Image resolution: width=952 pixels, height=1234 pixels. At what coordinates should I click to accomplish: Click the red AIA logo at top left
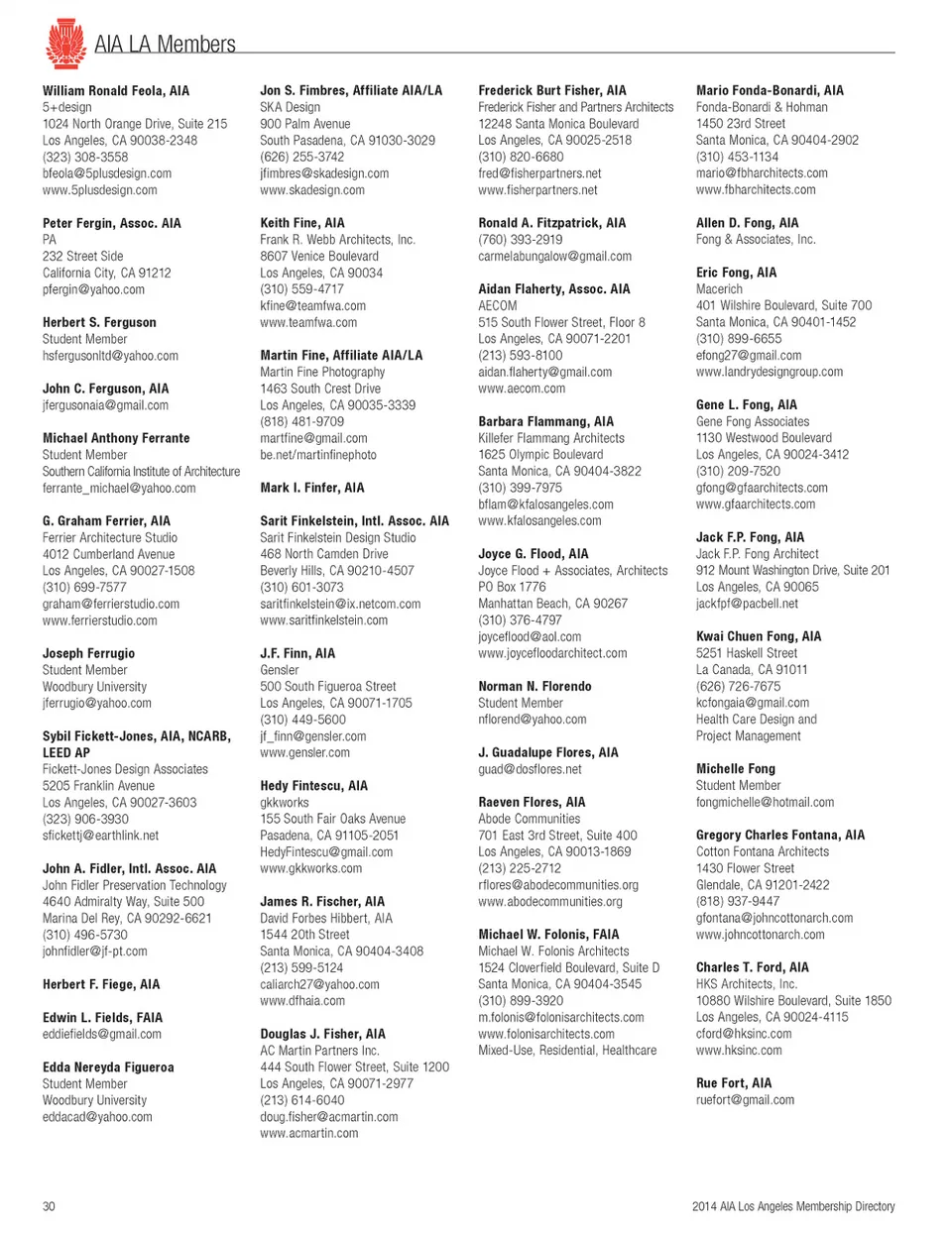point(65,43)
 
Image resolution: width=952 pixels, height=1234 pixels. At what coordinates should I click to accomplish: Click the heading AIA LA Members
point(165,45)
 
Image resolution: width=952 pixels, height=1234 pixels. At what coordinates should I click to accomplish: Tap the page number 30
point(49,1206)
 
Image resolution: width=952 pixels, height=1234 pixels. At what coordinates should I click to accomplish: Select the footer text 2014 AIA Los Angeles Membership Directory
point(792,1206)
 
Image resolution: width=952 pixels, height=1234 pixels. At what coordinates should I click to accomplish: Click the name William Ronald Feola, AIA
point(115,90)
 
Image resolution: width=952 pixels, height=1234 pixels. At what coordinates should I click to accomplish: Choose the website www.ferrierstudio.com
point(99,620)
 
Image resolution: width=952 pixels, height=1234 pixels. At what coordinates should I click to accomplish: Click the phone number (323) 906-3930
point(85,819)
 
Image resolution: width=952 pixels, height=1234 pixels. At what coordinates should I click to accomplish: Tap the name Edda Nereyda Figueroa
point(108,1067)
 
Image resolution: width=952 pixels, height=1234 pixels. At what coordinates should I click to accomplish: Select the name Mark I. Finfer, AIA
point(311,488)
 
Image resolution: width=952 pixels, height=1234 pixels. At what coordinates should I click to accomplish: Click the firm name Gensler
point(280,670)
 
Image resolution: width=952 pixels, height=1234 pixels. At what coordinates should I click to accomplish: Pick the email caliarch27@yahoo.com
point(319,984)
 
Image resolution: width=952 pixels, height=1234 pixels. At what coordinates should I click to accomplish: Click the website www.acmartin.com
point(309,1133)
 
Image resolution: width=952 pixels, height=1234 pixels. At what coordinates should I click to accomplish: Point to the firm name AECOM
point(497,306)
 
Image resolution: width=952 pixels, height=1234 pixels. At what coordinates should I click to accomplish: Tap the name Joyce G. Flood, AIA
point(533,554)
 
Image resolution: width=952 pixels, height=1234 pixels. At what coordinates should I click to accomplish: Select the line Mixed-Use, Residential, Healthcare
point(567,1051)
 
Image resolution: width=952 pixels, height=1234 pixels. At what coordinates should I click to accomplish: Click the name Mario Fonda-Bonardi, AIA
point(770,90)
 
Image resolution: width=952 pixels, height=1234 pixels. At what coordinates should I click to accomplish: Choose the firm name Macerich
point(719,289)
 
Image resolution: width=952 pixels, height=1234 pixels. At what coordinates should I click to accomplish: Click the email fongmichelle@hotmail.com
point(765,802)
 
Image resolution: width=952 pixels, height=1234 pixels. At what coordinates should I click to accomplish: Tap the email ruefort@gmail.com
point(745,1100)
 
